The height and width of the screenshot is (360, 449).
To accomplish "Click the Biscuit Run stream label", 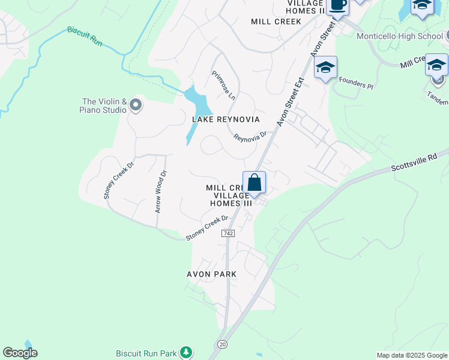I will coord(85,36).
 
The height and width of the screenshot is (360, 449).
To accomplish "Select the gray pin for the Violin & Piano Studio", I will coord(136,106).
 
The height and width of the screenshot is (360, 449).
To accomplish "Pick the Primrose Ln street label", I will coord(224,85).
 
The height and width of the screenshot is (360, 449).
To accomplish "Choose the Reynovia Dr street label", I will coord(250,137).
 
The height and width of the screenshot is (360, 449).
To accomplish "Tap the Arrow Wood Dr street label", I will coord(160,191).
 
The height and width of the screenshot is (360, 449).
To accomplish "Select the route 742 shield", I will coord(228,233).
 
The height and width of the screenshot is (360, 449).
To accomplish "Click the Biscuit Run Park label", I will coord(146,353).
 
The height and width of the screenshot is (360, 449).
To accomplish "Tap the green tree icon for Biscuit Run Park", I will coord(187,352).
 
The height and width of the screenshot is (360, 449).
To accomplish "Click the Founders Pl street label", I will coord(356,82).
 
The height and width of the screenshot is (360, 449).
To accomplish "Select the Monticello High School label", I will coord(399,36).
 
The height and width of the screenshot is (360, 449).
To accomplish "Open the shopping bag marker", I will coord(254,182).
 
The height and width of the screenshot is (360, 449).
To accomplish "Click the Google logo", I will coord(20,353).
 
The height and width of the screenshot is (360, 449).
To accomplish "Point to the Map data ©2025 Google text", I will coord(411,355).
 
